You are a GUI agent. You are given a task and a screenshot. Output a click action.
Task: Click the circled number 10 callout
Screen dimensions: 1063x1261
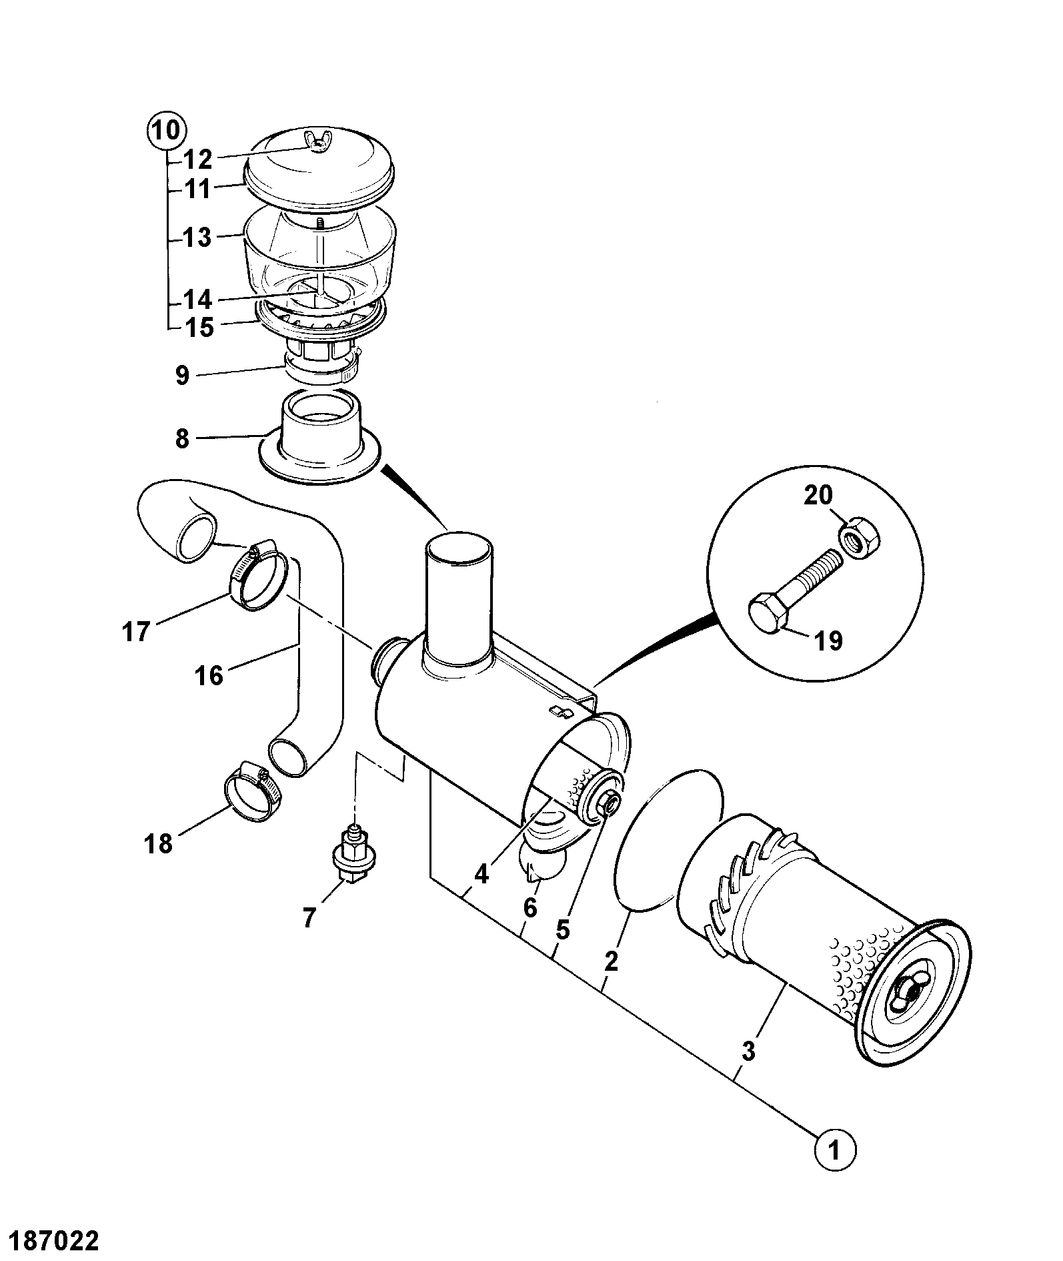[166, 130]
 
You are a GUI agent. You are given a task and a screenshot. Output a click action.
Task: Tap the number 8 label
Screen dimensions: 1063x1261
[182, 440]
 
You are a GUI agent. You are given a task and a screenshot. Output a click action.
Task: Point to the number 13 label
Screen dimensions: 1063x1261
[197, 238]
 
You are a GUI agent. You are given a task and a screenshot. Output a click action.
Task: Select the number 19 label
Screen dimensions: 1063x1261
[827, 641]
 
